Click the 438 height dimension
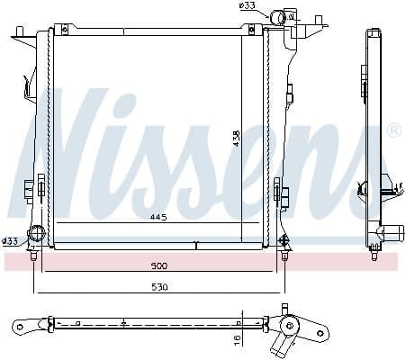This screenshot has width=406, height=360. coord(237,139)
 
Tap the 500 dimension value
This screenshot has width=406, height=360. coord(158,267)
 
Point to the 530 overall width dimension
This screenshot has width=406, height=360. coord(158,287)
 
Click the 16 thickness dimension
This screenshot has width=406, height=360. coord(237,340)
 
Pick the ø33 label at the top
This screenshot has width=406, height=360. coord(248,6)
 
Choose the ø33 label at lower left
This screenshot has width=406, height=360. coord(10,240)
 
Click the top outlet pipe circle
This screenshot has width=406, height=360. coord(290,17)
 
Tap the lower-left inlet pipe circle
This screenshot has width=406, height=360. coord(36,236)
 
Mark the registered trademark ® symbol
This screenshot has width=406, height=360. coord(392,131)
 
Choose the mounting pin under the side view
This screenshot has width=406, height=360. coord(374,257)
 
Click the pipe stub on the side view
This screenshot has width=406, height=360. coord(392,232)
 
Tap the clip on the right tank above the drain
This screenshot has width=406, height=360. coord(281,191)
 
